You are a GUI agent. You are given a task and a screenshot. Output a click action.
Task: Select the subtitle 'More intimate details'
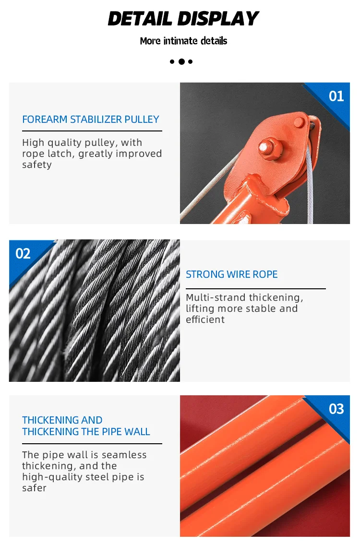tap(183, 41)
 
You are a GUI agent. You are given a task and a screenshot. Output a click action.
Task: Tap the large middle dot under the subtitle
tap(181, 61)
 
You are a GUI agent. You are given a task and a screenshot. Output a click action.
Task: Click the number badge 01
tap(336, 96)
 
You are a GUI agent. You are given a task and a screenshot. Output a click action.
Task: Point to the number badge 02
tap(23, 253)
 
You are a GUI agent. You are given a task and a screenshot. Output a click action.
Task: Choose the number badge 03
tap(336, 409)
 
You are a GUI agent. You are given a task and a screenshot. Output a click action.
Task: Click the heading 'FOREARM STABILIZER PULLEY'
tap(90, 119)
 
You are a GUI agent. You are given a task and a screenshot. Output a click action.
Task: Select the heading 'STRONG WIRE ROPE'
tap(231, 274)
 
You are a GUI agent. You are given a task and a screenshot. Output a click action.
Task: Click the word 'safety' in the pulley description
tap(36, 165)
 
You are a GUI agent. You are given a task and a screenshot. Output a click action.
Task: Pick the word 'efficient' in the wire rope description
tap(205, 319)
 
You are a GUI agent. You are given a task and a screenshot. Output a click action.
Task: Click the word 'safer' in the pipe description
tap(34, 488)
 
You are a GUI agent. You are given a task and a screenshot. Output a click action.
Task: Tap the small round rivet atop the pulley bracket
tap(299, 121)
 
